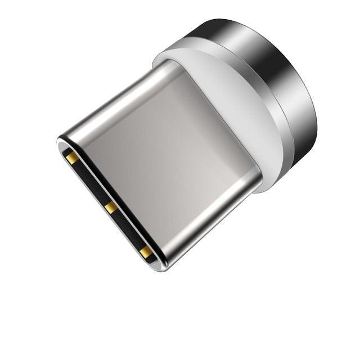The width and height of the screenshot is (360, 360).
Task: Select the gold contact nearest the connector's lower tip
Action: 146,252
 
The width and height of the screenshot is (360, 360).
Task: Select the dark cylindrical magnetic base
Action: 281,84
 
